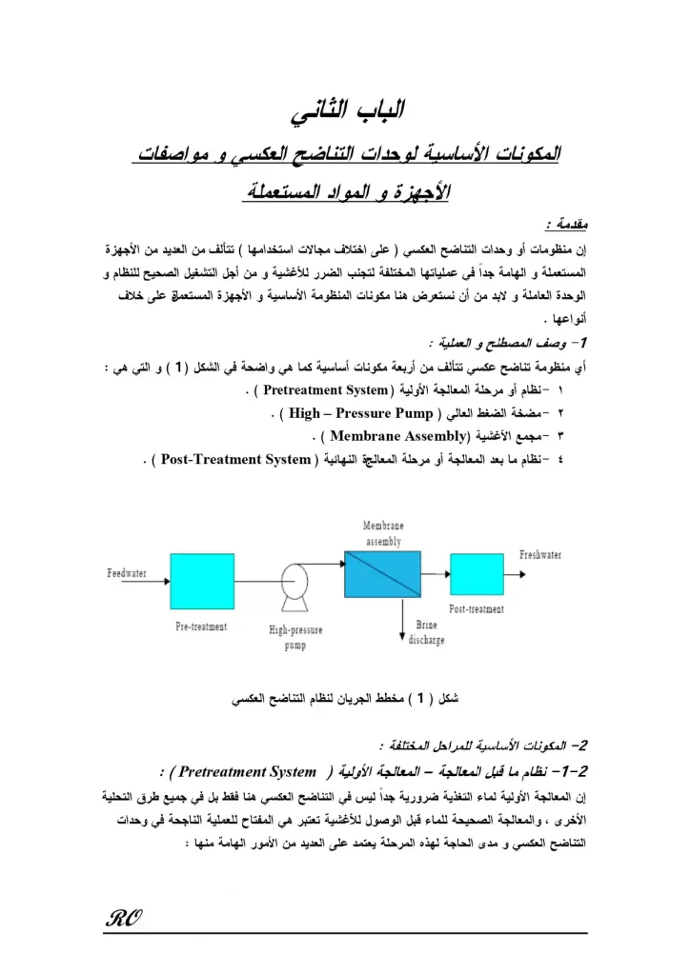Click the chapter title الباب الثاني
pos(347,111)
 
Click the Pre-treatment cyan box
pos(201,582)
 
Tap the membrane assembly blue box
pos(382,574)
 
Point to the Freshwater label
pos(540,554)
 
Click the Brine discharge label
pos(426,633)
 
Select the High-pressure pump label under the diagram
pos(295,637)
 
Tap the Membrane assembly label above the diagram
pos(383,533)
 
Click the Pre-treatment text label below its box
pos(201,627)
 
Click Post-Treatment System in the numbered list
pos(235,460)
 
